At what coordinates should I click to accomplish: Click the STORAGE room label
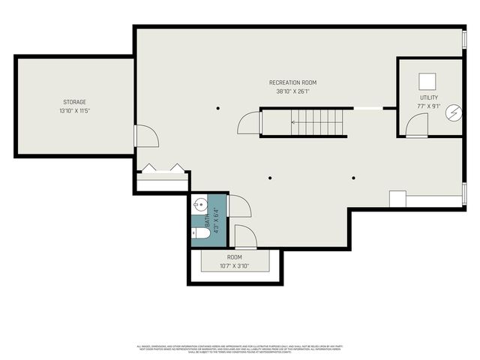point(74,102)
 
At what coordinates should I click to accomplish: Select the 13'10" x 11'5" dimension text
point(74,111)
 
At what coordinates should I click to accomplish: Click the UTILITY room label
point(430,98)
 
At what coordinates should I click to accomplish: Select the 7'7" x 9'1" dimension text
point(430,107)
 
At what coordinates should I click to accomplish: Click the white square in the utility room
point(427,80)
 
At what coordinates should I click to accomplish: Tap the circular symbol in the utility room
point(453,113)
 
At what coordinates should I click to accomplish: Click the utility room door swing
point(416,125)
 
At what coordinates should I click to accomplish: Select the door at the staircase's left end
point(249,124)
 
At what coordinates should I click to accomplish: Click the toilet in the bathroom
point(199,232)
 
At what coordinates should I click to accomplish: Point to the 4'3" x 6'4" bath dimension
point(216,220)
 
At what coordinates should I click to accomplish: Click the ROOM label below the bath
point(234,257)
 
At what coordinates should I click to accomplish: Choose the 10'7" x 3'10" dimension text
point(234,266)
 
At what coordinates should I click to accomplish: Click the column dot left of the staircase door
point(217,108)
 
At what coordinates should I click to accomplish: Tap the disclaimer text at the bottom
point(239,349)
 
